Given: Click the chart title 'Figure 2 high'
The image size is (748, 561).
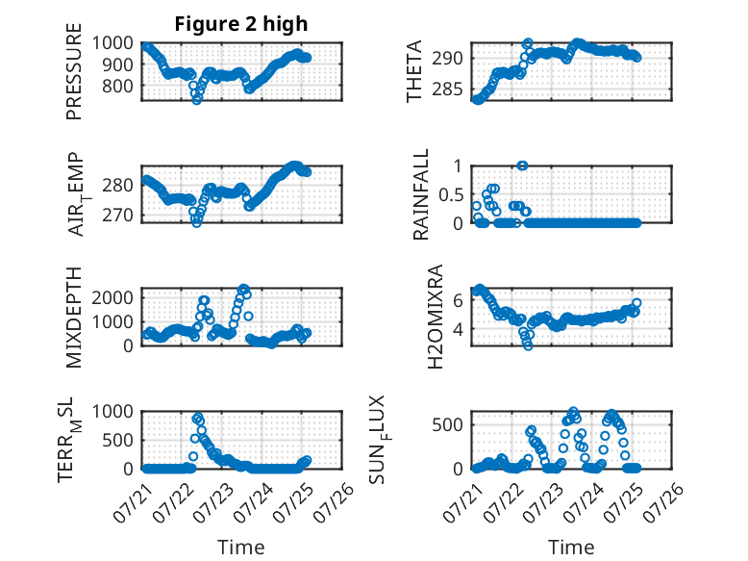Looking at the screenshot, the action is click(x=241, y=24).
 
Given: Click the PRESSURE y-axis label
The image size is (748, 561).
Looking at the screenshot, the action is click(x=74, y=71).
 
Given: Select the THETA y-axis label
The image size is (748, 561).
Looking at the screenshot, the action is click(x=414, y=71).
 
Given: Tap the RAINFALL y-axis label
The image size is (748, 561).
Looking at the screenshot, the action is click(x=421, y=194).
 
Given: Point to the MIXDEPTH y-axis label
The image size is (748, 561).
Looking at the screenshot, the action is click(x=74, y=318).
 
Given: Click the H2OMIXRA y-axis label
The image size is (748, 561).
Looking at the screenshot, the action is click(x=436, y=317).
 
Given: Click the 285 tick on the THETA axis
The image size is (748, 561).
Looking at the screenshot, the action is click(x=447, y=89).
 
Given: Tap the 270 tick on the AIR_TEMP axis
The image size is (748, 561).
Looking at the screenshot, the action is click(x=118, y=216).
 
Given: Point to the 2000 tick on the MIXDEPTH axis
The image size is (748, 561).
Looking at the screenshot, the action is click(x=112, y=298).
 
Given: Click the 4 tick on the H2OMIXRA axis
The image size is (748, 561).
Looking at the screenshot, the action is click(x=458, y=329).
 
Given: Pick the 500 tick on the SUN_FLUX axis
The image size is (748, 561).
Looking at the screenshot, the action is click(x=447, y=425).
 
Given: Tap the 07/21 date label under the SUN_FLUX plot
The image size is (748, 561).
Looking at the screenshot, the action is click(x=462, y=501).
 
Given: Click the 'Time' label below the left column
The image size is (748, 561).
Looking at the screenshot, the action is click(x=241, y=547).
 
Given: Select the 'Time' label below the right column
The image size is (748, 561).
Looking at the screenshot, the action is click(x=571, y=547).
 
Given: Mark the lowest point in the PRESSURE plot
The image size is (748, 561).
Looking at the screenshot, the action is click(x=196, y=100).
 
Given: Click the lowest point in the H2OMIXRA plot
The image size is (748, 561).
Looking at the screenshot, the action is click(x=528, y=345).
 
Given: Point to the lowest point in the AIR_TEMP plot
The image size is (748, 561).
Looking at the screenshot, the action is click(x=196, y=222).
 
